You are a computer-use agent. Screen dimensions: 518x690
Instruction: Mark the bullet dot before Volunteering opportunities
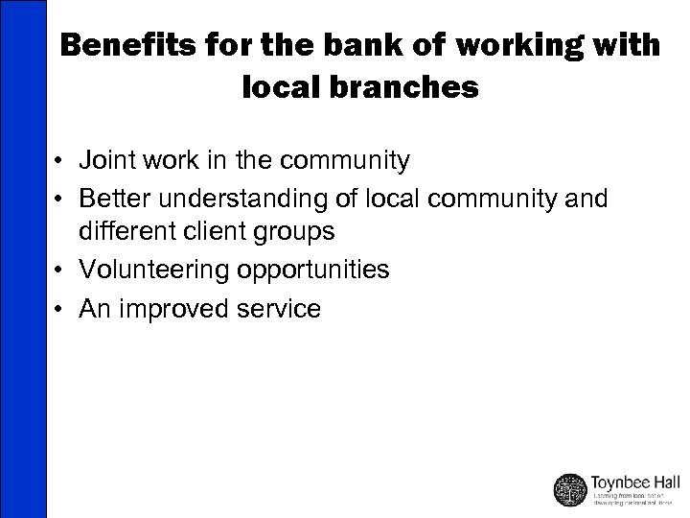pos(60,271)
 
